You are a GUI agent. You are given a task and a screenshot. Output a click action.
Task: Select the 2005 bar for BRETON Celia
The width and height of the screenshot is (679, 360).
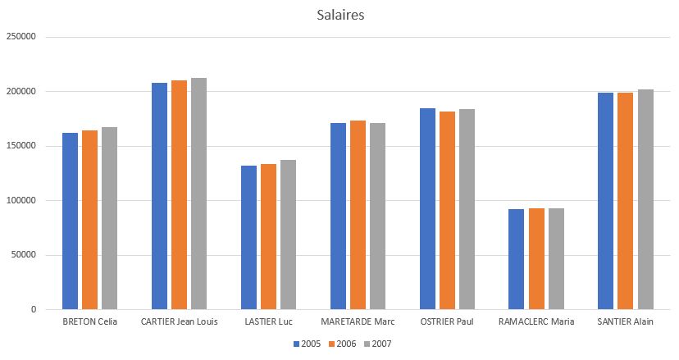click(x=70, y=221)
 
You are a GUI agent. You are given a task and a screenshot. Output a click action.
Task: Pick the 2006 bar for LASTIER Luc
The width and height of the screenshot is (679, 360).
click(x=268, y=237)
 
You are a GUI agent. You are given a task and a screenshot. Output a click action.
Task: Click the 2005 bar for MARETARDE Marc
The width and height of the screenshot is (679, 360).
click(x=338, y=216)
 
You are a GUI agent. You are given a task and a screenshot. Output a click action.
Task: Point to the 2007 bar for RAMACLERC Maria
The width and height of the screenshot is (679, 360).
click(x=556, y=259)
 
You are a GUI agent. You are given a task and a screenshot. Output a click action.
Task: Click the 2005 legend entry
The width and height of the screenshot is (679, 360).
click(x=308, y=344)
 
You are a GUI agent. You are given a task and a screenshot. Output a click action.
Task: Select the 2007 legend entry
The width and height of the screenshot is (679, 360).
click(x=378, y=344)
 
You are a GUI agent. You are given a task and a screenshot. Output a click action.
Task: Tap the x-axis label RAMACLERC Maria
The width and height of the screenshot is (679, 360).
click(x=536, y=321)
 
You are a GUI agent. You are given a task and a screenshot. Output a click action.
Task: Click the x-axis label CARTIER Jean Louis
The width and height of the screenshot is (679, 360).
click(x=179, y=321)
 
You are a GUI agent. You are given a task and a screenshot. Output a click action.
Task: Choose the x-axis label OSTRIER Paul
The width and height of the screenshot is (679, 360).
click(x=447, y=321)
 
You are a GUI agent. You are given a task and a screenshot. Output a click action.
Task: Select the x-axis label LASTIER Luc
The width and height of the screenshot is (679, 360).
click(x=268, y=321)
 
